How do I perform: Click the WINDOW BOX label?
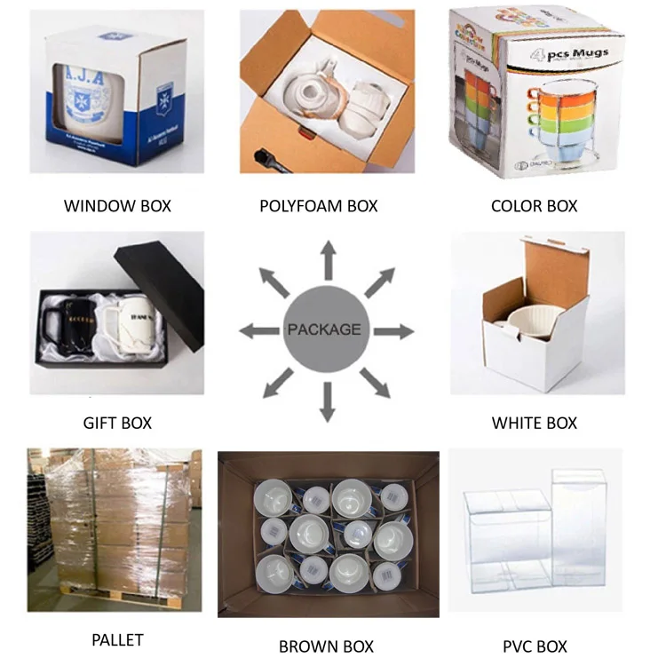pos(117,206)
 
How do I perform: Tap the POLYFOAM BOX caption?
pos(318,206)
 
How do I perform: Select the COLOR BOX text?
pos(535,206)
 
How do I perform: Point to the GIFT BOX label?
pos(117,423)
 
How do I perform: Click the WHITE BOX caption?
pos(535,423)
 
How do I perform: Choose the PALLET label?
pos(117,639)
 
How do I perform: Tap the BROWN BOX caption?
pos(326,646)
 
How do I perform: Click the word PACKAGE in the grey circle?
pos(324,329)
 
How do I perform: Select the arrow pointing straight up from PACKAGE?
pos(328,260)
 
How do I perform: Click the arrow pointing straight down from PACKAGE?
pos(327,400)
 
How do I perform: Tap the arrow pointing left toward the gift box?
pos(258,331)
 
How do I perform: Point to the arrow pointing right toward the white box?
pos(394,331)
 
